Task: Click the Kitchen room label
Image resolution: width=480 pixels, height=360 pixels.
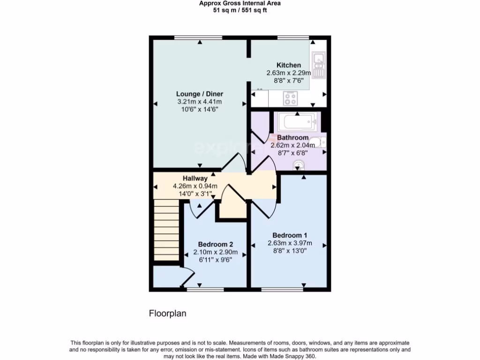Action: coord(288,65)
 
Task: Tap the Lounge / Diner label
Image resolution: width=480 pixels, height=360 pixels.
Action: coord(200,94)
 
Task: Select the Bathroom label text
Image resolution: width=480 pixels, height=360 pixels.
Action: coord(292,138)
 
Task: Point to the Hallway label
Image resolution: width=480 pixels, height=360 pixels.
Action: coord(195,178)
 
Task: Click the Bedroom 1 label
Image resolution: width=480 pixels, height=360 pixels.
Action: coord(290,235)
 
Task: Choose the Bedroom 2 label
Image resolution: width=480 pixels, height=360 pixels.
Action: coord(215,244)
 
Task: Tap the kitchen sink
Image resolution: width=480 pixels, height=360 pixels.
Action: coord(318,65)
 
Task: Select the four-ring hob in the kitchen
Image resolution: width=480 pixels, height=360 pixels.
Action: coord(291,99)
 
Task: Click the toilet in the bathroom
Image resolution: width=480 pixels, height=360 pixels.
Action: coord(318,141)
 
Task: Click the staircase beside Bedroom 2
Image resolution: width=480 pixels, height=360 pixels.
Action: coord(166,230)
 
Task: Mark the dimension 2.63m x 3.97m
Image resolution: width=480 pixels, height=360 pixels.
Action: coord(290,243)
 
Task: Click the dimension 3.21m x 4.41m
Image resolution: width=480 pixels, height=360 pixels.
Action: coord(200,102)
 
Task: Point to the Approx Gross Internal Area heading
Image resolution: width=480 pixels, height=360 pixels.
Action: coord(240,3)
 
